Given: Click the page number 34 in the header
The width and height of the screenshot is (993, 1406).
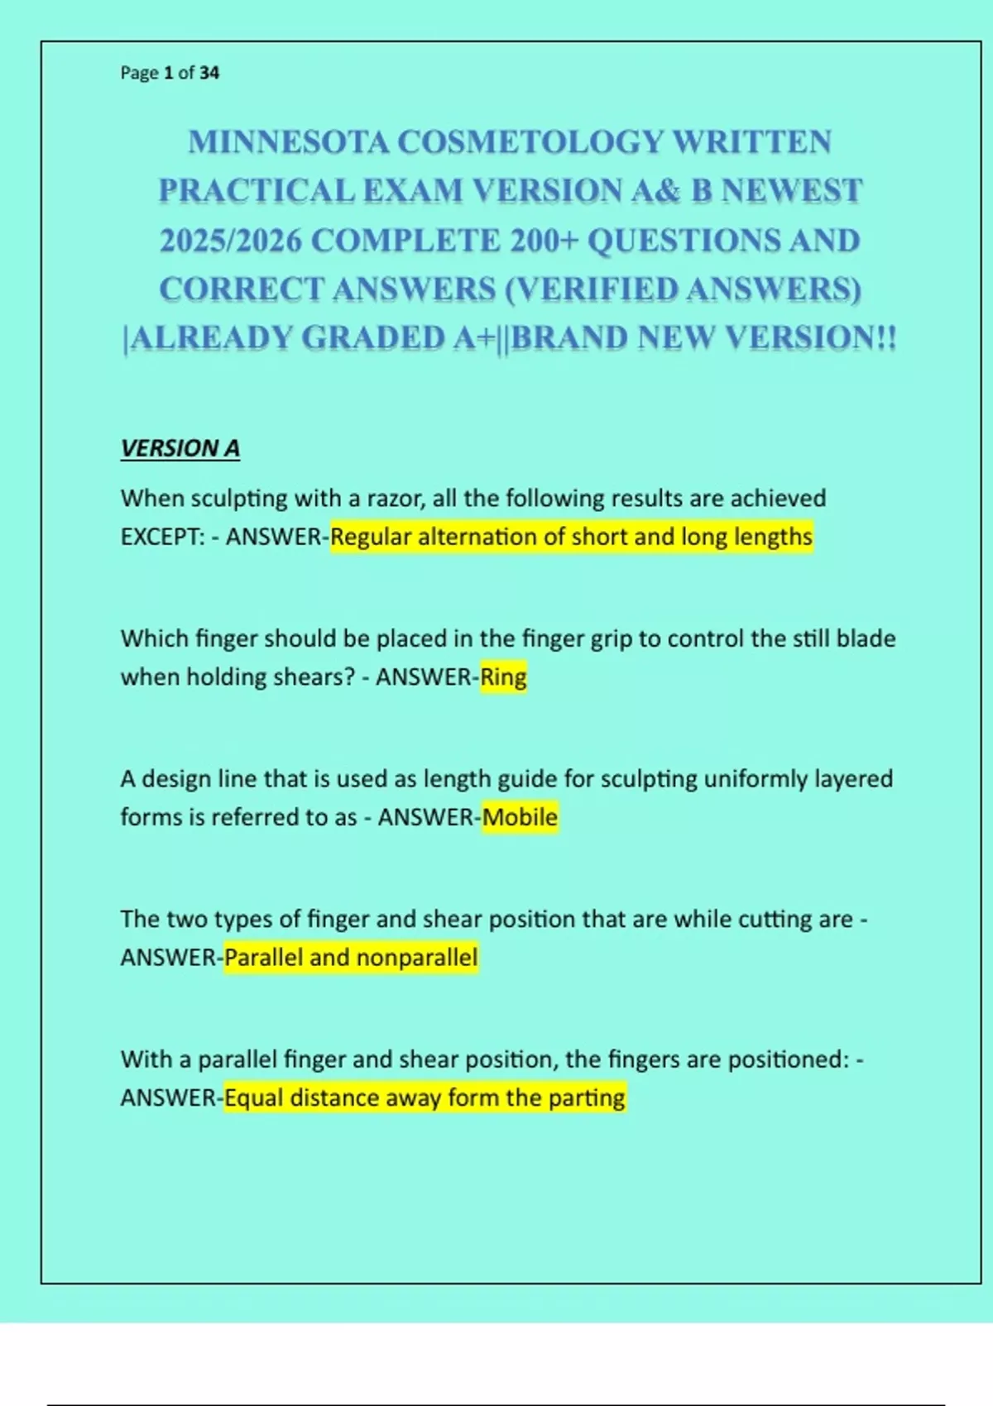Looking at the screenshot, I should [209, 73].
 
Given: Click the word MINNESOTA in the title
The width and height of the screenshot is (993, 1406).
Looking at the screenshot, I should [288, 142].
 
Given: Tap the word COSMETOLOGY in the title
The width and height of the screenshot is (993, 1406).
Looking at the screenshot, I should [530, 142].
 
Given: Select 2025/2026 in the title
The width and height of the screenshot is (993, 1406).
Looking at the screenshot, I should [231, 241].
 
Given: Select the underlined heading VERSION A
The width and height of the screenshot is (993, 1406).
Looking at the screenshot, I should [180, 448].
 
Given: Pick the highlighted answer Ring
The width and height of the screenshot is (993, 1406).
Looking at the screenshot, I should [503, 677].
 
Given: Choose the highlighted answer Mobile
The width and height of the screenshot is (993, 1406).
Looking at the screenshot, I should [520, 817].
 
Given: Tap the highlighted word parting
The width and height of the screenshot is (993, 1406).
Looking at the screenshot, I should [587, 1098].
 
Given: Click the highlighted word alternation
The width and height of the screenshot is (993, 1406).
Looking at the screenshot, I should [477, 538].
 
